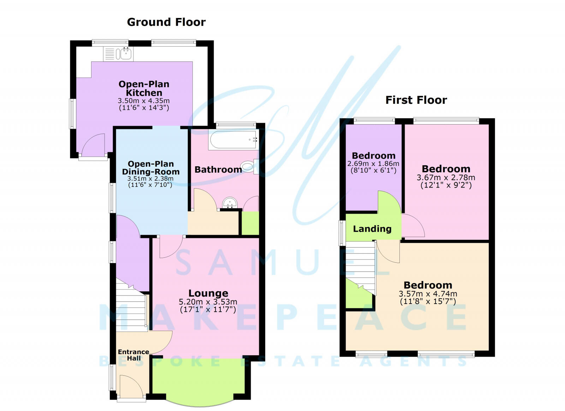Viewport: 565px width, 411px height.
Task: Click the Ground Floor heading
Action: (x=166, y=22)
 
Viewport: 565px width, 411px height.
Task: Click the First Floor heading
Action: (x=416, y=100)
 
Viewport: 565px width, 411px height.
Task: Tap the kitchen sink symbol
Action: (x=126, y=54)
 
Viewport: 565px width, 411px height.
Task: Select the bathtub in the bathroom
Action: (x=233, y=140)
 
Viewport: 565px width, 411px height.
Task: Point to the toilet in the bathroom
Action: (x=249, y=166)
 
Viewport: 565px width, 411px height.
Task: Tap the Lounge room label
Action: (x=208, y=293)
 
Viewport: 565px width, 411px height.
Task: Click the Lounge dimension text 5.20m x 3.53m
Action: (x=208, y=302)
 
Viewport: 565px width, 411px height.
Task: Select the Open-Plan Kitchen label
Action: (x=144, y=88)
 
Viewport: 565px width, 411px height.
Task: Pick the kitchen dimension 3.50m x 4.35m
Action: (x=144, y=101)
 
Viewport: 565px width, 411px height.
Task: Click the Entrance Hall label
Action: (x=133, y=355)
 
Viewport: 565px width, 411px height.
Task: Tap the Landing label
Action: (x=372, y=229)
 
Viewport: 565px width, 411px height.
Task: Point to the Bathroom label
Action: (x=218, y=169)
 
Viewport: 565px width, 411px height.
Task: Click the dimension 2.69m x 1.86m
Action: (x=373, y=164)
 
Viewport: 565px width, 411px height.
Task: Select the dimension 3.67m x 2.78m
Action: (x=446, y=178)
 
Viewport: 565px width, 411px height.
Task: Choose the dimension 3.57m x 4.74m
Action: (x=428, y=294)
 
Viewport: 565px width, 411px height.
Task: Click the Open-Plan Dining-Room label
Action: (x=151, y=168)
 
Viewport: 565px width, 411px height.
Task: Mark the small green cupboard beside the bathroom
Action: (x=250, y=223)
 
